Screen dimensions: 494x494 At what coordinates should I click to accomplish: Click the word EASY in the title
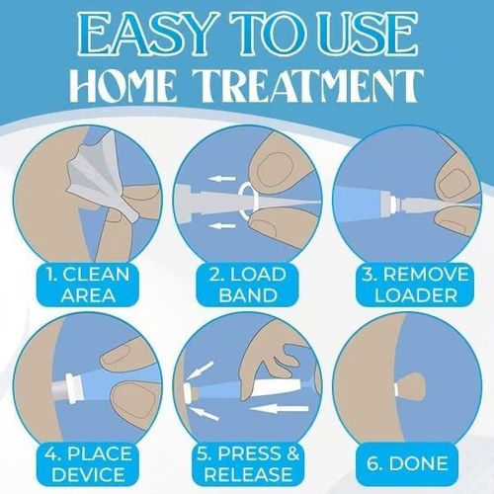pos(146,38)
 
